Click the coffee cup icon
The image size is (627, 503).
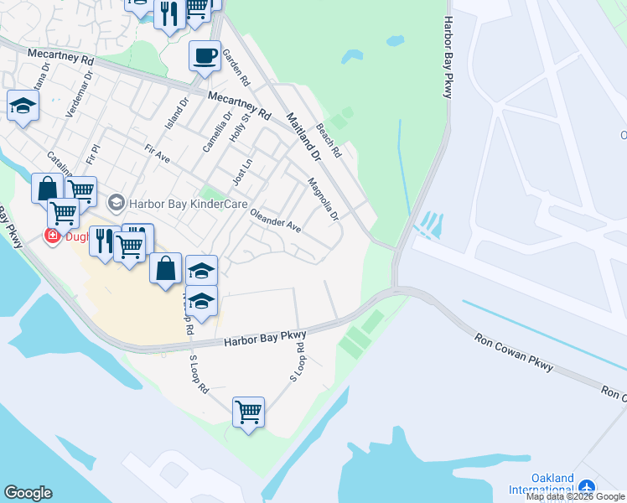click(x=205, y=56)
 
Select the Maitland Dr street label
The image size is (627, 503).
click(x=303, y=137)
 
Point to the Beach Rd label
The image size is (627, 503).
click(x=329, y=142)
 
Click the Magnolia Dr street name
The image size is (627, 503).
click(x=323, y=199)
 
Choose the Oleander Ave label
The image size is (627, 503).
click(x=275, y=220)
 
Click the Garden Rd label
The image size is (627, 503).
click(x=236, y=69)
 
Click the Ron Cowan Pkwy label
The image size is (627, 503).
click(x=514, y=349)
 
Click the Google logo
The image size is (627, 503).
click(x=28, y=493)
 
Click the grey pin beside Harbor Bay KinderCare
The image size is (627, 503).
click(x=117, y=202)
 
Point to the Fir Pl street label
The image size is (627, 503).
click(x=93, y=155)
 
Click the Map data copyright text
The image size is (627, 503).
click(x=576, y=496)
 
